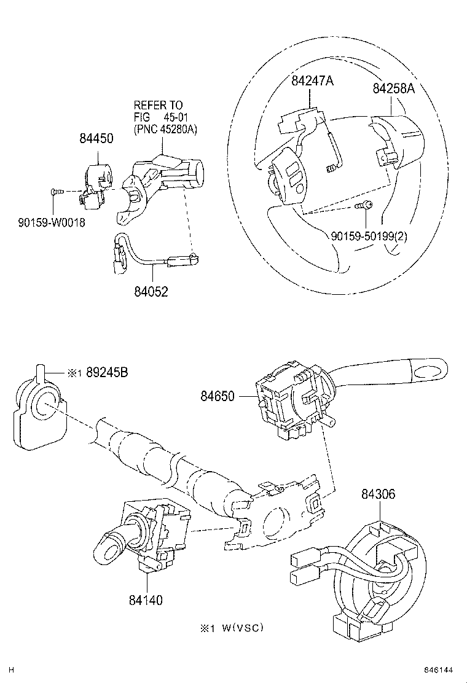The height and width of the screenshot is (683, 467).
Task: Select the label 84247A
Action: point(312,80)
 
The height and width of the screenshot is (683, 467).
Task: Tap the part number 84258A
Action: point(393,88)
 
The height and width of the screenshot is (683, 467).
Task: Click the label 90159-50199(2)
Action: point(369,235)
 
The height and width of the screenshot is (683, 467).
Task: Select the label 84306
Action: point(378,494)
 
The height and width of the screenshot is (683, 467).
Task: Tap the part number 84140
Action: point(146,599)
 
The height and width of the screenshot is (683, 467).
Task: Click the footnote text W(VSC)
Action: point(239,627)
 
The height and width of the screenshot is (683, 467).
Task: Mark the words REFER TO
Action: point(158,106)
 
